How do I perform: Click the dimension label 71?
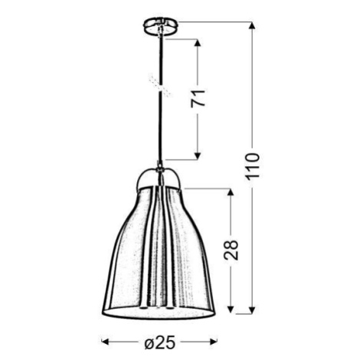tap(198, 98)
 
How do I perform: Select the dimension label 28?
tap(231, 250)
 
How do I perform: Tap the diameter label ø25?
tap(160, 342)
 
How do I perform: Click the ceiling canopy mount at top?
tap(160, 27)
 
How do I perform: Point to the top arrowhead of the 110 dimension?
tap(252, 26)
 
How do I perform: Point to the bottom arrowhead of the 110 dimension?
tap(252, 309)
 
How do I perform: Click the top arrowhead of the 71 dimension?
tap(198, 43)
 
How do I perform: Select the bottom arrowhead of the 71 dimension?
tap(198, 156)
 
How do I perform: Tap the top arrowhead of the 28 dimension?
tap(231, 192)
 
